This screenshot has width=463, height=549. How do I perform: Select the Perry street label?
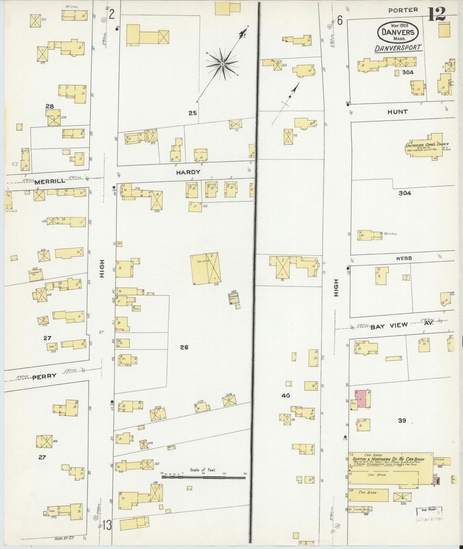point(45,376)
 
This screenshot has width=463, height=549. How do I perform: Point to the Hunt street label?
point(397,112)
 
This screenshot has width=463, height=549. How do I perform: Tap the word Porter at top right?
point(403,10)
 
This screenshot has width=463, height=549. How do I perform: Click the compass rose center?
point(222,64)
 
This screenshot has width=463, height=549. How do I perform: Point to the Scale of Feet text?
point(203,470)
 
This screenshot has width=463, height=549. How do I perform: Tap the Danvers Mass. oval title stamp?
point(398,32)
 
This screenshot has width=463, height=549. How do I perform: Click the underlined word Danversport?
point(398,48)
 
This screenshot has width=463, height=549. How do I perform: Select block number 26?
point(184,347)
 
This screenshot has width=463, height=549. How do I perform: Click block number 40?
point(285,396)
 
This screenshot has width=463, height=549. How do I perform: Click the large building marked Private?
point(205,268)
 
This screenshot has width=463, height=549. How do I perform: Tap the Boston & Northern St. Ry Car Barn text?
point(388,459)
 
